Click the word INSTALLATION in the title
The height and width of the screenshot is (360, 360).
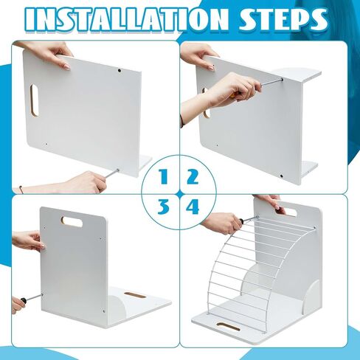pyautogui.click(x=125, y=19)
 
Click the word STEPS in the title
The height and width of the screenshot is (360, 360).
pyautogui.click(x=283, y=19)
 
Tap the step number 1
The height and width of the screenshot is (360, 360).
pyautogui.click(x=164, y=176)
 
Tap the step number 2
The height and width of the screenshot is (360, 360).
pyautogui.click(x=193, y=176)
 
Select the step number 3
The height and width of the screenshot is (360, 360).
pyautogui.click(x=163, y=207)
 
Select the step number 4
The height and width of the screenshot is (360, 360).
pyautogui.click(x=193, y=207)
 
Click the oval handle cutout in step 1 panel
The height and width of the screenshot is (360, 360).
pyautogui.click(x=34, y=100)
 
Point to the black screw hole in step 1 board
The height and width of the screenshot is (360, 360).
pyautogui.click(x=120, y=71)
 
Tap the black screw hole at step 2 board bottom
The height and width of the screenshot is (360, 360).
pyautogui.click(x=282, y=176)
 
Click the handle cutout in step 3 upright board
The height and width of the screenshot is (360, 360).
pyautogui.click(x=72, y=221)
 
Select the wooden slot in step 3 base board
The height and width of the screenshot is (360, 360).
pyautogui.click(x=135, y=295)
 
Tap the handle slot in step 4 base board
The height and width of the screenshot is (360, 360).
pyautogui.click(x=228, y=327)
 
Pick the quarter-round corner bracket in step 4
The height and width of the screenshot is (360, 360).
pyautogui.click(x=311, y=298)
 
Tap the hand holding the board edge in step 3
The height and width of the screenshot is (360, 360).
pyautogui.click(x=28, y=240)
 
